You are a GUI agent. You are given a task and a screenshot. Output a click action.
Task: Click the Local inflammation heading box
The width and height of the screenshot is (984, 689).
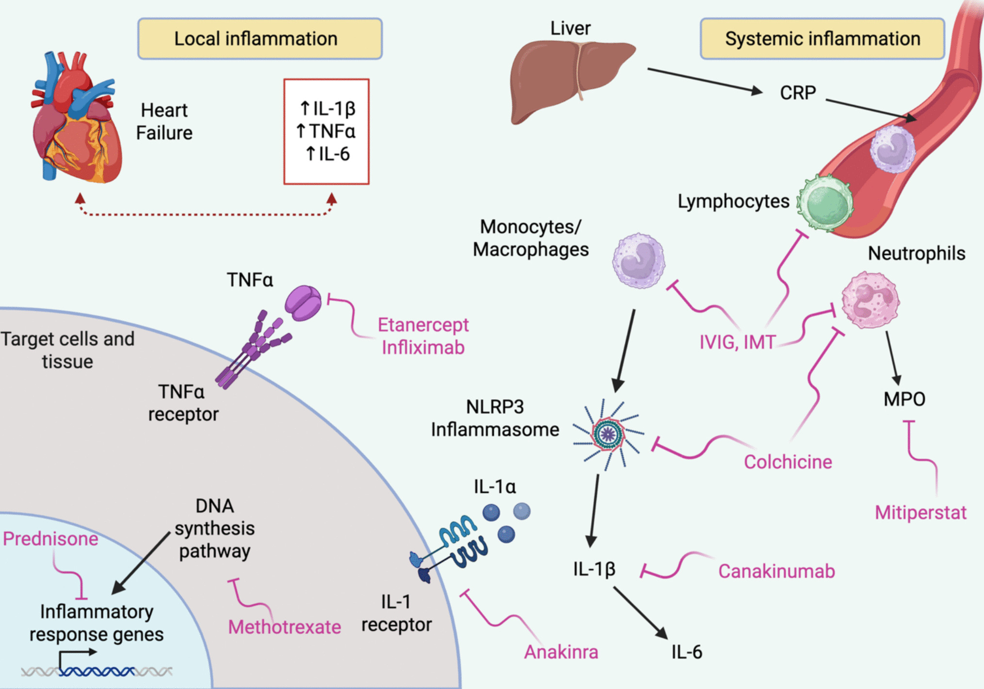point(260,39)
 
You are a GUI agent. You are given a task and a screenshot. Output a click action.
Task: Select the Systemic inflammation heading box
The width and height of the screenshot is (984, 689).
point(822,39)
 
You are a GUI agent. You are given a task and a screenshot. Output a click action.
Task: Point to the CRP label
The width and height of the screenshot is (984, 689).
point(797,93)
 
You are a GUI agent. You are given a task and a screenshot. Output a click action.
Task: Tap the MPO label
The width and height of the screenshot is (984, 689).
point(904,400)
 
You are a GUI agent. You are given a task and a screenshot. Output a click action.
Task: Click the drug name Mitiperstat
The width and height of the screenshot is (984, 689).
point(920,513)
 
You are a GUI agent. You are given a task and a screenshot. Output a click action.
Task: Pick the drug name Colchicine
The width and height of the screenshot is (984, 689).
point(788,462)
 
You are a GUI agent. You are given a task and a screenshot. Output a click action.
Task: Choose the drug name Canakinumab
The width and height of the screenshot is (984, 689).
point(776,571)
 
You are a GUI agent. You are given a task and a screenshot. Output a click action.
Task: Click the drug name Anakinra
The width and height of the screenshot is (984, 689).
point(561,652)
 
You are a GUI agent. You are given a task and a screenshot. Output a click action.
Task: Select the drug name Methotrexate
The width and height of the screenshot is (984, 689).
point(284,627)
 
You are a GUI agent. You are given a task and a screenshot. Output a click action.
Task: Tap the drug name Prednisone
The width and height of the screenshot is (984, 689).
point(50,539)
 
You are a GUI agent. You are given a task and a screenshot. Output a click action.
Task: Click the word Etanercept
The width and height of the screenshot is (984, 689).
point(423,325)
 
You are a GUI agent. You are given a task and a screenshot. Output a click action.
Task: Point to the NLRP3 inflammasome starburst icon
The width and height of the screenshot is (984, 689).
point(608,434)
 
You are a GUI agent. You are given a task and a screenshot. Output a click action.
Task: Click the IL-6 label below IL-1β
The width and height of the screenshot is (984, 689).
point(686,652)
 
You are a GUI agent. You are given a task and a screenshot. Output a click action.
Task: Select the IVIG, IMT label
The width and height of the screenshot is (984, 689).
point(737,342)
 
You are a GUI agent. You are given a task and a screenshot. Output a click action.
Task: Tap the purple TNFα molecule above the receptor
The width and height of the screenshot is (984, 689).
point(303,303)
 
